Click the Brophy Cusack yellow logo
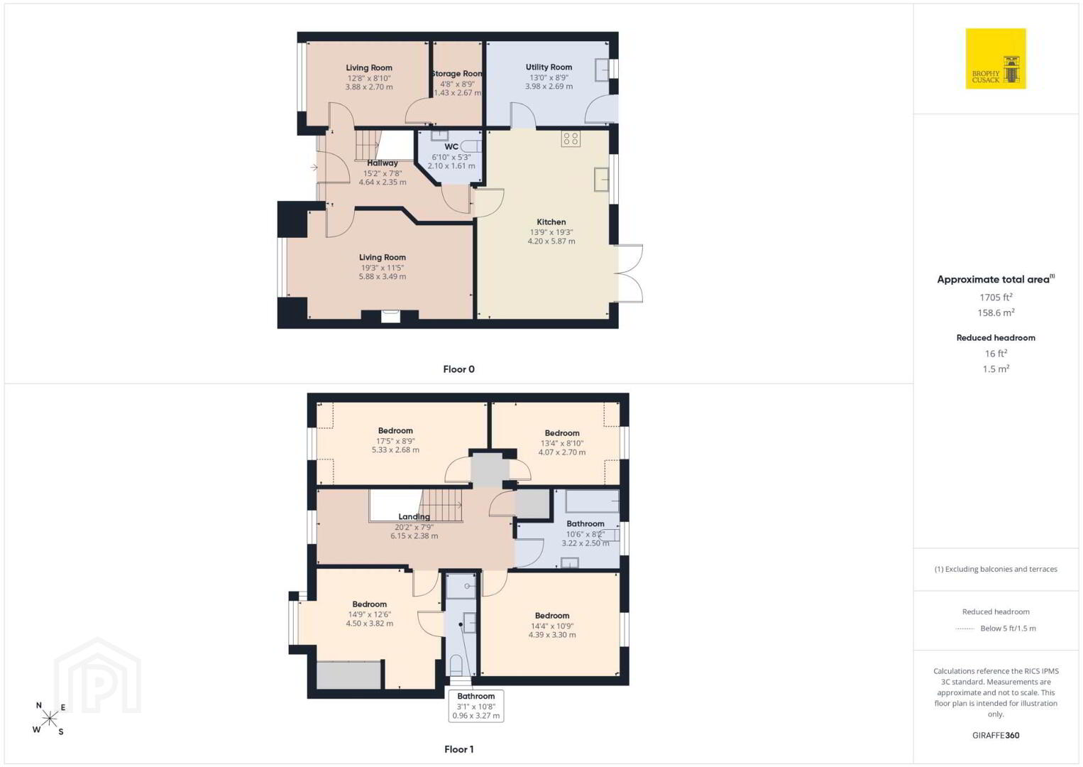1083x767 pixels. click(x=996, y=58)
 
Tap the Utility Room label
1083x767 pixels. click(x=549, y=67)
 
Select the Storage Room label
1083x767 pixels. click(x=457, y=74)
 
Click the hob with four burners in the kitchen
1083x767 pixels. click(x=571, y=139)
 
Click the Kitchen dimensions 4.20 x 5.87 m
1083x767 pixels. click(x=551, y=241)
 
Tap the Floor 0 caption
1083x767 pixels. click(x=459, y=369)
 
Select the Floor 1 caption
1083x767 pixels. click(x=459, y=749)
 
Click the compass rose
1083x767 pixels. click(x=49, y=719)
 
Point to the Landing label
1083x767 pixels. click(x=414, y=517)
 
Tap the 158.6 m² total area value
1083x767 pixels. click(x=996, y=312)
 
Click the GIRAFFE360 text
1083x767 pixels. click(x=996, y=735)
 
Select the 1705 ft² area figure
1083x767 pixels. click(x=996, y=297)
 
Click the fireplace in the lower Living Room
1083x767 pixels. click(x=390, y=316)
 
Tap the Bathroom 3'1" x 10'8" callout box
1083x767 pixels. click(x=476, y=706)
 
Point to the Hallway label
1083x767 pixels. click(x=383, y=163)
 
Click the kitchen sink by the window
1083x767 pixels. click(x=601, y=179)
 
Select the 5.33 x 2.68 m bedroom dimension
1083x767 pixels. click(x=395, y=450)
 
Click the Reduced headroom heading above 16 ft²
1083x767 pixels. click(x=996, y=338)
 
